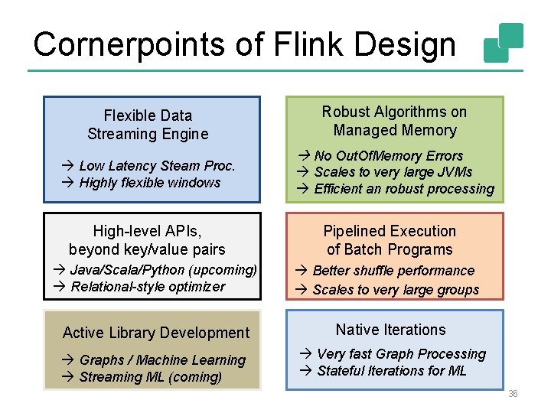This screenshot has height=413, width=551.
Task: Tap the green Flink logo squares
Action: [x=504, y=43]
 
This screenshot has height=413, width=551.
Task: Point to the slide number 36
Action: [x=513, y=393]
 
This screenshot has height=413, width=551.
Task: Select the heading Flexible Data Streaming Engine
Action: [x=148, y=125]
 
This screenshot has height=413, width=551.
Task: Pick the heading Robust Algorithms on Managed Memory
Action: [x=394, y=121]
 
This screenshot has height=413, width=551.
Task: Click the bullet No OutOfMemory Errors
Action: [x=388, y=156]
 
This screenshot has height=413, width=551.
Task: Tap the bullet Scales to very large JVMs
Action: [x=393, y=172]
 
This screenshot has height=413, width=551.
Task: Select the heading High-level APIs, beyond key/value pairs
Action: [x=147, y=239]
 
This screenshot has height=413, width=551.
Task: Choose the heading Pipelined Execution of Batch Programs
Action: [x=390, y=240]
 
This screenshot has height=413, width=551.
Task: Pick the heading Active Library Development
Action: [x=156, y=332]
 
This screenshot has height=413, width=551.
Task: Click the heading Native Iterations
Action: [x=390, y=330]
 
